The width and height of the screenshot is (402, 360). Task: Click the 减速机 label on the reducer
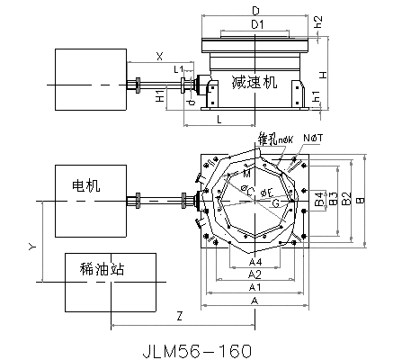point(255,82)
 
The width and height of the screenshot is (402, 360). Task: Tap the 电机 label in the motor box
point(86,186)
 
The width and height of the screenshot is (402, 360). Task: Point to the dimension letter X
point(159,56)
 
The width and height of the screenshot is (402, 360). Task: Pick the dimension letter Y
point(32,245)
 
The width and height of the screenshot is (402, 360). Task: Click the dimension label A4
point(255,262)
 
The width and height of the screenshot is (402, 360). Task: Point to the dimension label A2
point(255,274)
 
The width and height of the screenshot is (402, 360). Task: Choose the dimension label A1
point(255,286)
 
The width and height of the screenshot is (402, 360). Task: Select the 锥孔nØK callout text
point(276,139)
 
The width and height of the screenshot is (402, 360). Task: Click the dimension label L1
point(179,69)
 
